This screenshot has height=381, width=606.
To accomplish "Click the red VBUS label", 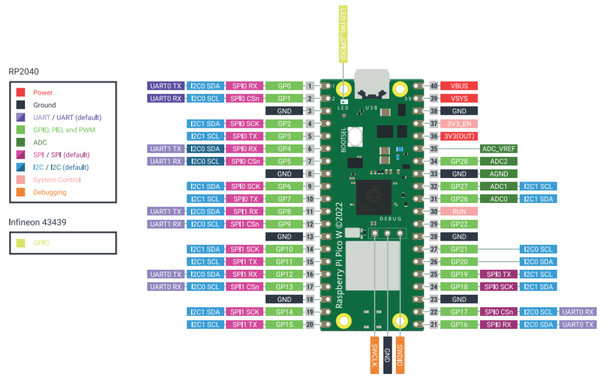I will coord(459,86).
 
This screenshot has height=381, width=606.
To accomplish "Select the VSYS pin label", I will coord(459,98).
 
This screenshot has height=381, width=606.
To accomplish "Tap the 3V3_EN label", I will coord(459,123).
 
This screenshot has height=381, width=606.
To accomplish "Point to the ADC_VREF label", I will coord(499,148).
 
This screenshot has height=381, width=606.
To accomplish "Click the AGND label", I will coord(499,173).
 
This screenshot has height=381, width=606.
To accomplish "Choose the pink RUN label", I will coord(459,211).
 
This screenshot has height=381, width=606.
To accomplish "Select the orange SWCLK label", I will coord(375,356).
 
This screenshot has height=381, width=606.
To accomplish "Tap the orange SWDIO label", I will coord(400,356).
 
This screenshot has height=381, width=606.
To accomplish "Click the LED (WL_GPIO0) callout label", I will coord(342,34).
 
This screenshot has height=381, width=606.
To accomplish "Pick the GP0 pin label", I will coord(284,86).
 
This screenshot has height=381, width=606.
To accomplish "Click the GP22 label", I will coord(459,224).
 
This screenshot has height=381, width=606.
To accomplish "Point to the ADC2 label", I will coord(499,161).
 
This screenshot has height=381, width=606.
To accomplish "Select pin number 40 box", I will coord(433,86).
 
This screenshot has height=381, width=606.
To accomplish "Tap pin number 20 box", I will coord(310,324).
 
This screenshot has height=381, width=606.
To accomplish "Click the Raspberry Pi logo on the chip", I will coord(372,194).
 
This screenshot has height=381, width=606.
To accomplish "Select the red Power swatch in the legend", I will coord(21,92).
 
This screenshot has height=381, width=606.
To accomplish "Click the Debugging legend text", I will coord(50,192).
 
